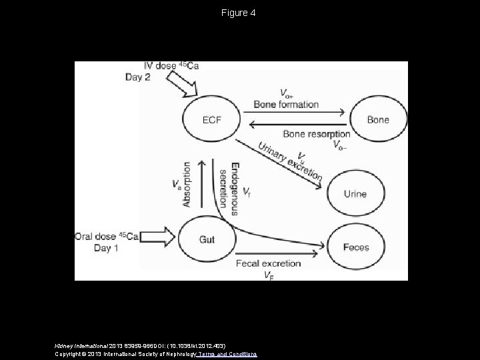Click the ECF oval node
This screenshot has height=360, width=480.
[211, 120]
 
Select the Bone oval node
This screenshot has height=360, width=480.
[377, 120]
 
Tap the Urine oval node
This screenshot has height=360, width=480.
[355, 194]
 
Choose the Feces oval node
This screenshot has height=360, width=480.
[356, 247]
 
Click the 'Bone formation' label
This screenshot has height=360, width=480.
[286, 105]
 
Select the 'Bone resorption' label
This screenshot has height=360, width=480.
[316, 134]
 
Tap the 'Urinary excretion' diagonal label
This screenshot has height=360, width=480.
[291, 161]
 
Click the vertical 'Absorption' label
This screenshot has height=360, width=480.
[187, 184]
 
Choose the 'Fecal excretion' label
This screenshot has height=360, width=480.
[268, 263]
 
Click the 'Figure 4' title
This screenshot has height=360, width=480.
[240, 13]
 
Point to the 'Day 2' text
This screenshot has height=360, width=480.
[138, 77]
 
